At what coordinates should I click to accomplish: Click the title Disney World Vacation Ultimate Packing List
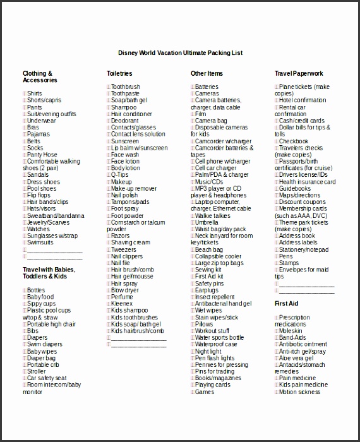181,53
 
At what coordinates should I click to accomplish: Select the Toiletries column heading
119,74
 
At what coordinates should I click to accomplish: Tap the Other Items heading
207,74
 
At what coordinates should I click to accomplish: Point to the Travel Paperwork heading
299,74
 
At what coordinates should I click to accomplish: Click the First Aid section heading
286,304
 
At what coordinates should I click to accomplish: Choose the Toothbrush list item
125,87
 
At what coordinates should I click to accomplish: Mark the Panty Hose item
42,155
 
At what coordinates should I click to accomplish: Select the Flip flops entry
39,195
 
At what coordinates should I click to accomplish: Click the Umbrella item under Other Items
207,222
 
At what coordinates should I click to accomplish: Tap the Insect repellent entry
215,297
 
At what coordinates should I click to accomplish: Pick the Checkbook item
294,141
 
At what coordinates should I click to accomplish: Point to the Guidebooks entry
295,188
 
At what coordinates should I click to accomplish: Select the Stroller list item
36,372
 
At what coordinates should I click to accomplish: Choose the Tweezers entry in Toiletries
124,249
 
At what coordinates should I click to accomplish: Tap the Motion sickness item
299,392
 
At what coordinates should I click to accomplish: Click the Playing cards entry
212,385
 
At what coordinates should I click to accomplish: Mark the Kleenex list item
122,304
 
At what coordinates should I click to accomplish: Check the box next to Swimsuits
25,242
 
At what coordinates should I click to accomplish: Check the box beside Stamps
277,263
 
